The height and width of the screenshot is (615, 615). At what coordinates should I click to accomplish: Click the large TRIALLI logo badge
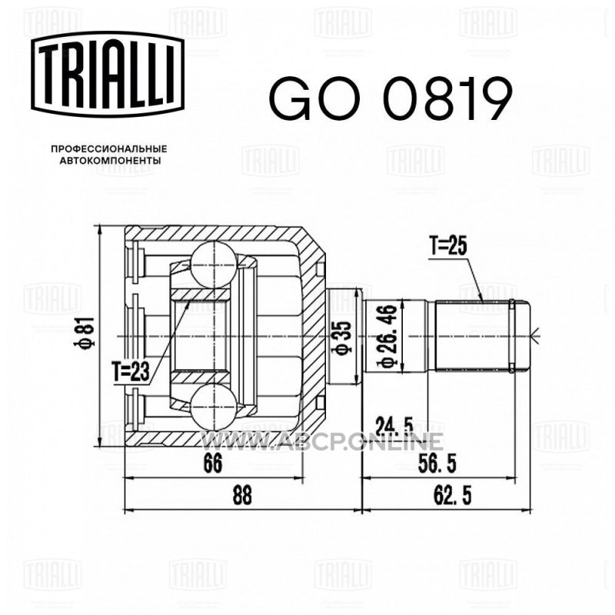(108, 75)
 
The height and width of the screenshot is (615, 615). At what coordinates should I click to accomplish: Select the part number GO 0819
(391, 99)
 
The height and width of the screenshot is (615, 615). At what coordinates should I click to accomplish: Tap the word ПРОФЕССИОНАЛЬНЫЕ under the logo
(109, 149)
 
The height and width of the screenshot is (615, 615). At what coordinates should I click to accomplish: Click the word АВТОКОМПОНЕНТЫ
(110, 161)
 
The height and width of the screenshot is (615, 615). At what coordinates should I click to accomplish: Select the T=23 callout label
(131, 371)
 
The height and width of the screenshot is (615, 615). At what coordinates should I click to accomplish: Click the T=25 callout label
(448, 246)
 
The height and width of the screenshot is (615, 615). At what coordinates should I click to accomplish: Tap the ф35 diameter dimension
(342, 337)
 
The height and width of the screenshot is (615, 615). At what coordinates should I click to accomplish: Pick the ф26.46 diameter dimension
(388, 337)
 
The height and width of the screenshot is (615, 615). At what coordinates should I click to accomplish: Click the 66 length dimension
(213, 463)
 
